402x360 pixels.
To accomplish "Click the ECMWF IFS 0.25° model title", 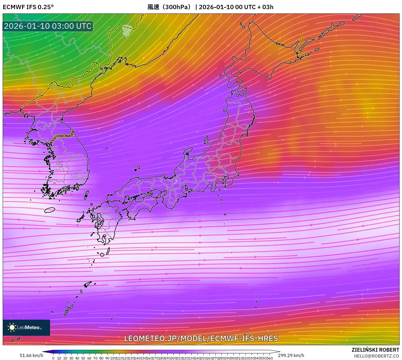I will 28,7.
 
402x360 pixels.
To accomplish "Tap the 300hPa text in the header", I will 178,7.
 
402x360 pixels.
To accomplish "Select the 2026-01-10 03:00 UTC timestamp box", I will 48,26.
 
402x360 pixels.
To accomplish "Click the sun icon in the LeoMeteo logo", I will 12,327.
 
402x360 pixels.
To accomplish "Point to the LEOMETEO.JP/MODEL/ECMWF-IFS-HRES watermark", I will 201,338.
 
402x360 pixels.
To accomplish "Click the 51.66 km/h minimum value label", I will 31,355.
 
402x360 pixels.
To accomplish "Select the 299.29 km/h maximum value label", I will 291,355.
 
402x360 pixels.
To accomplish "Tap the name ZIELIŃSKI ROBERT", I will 375,350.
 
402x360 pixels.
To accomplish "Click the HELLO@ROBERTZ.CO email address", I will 376,356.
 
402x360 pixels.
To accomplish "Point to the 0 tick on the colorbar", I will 53,358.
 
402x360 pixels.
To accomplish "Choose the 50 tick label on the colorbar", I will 83,358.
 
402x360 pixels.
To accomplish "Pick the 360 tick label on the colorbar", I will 270,358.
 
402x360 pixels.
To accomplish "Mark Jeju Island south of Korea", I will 50,210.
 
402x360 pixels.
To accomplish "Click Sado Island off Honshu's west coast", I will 206,139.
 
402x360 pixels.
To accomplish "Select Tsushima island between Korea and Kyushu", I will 86,195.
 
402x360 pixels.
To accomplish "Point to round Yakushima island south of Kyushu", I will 102,254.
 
